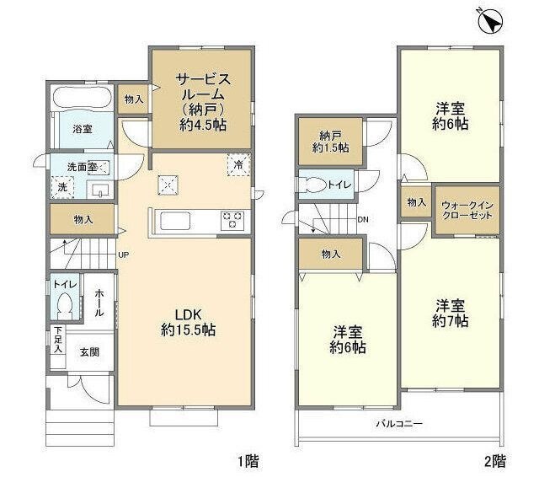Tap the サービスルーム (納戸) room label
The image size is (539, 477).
pos(202,99)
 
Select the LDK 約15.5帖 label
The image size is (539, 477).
pos(188,323)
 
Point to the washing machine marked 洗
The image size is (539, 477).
pos(61,187)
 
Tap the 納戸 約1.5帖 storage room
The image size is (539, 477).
pos(329,142)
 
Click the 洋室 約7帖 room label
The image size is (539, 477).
pos(451,311)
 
